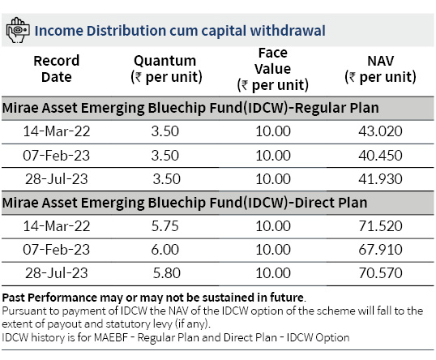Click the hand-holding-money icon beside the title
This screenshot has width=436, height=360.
(x=18, y=30)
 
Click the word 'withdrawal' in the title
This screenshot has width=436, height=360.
(x=288, y=31)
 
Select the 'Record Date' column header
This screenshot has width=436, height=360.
(x=57, y=69)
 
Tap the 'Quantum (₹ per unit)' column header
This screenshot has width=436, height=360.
(x=166, y=69)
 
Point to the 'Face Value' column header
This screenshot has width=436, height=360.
(x=273, y=69)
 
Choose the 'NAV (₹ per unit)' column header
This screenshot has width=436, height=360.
(x=380, y=69)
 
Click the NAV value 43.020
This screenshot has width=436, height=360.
(x=380, y=131)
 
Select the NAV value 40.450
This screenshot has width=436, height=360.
(x=380, y=155)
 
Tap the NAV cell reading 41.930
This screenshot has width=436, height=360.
(x=380, y=179)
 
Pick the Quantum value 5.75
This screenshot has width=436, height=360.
(x=165, y=226)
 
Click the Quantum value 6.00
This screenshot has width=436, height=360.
(x=165, y=250)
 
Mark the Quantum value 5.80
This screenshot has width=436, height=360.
(x=167, y=273)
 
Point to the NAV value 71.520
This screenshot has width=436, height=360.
(x=380, y=226)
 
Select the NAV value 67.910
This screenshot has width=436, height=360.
(x=380, y=250)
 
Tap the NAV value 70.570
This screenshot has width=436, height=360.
(x=380, y=273)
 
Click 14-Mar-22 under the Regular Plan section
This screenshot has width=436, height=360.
(x=57, y=131)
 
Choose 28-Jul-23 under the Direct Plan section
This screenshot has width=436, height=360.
(x=57, y=273)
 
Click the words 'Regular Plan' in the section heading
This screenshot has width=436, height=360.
(x=336, y=108)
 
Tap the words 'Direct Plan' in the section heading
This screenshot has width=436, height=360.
(x=331, y=203)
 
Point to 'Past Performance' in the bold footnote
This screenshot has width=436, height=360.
(x=49, y=298)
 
